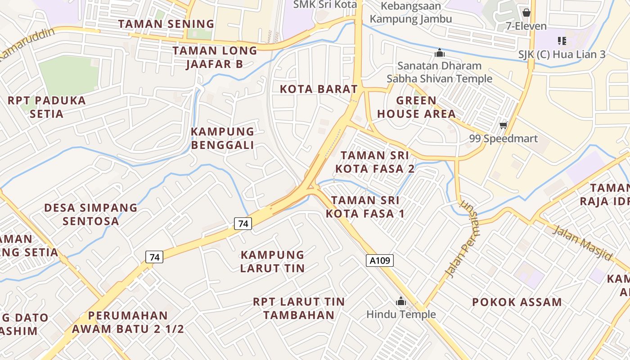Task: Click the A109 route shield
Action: click(x=380, y=260)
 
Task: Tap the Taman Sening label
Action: click(x=166, y=24)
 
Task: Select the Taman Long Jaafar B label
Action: click(x=215, y=57)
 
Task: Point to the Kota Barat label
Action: click(x=319, y=89)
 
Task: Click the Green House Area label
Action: click(x=416, y=107)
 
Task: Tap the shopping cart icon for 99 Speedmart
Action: click(x=503, y=125)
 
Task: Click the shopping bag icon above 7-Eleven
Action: click(x=526, y=13)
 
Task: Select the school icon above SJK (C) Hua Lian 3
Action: click(x=562, y=41)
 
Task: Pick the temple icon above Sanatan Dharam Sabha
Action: click(x=440, y=53)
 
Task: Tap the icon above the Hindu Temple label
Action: click(x=400, y=301)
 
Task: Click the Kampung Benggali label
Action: click(x=222, y=138)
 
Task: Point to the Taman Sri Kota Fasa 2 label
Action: click(x=375, y=162)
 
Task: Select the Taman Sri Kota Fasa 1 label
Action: click(x=365, y=207)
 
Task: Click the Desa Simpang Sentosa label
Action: click(x=91, y=214)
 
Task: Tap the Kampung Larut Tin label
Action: click(x=272, y=261)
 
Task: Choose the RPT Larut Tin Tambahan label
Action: click(x=299, y=308)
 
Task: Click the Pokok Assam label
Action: click(x=517, y=302)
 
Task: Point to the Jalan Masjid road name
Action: click(x=582, y=243)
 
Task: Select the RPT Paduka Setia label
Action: click(x=47, y=107)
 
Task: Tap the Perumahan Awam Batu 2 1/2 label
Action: click(x=128, y=322)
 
